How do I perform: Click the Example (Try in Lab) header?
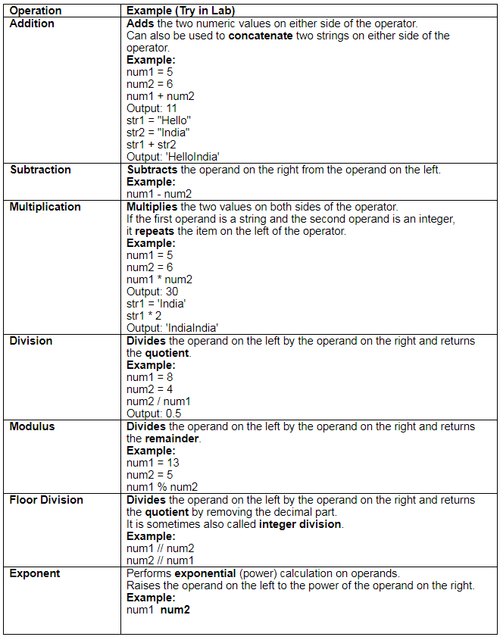pos(180,11)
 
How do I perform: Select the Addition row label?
pos(32,23)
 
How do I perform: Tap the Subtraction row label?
pos(40,170)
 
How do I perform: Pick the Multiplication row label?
pos(45,207)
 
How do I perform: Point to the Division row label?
pos(31,341)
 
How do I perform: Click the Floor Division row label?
pos(46,500)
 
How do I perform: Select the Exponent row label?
pos(34,573)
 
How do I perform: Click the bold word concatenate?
pos(262,36)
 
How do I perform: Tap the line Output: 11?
pos(152,108)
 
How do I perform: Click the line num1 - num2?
pos(159,194)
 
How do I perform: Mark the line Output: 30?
pos(152,292)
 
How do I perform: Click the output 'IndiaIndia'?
pos(172,328)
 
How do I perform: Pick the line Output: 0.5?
pos(154,414)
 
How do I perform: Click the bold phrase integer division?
pos(300,524)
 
